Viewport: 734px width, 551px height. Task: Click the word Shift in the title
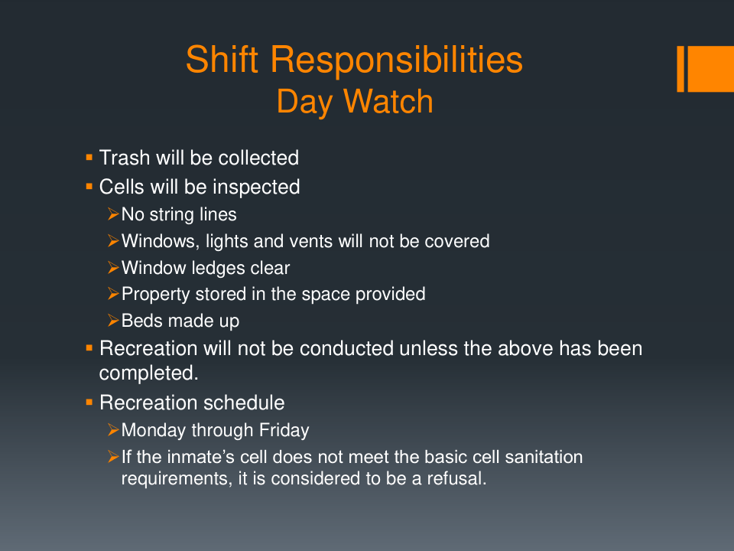pyautogui.click(x=222, y=60)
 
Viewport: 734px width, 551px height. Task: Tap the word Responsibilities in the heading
pyautogui.click(x=397, y=60)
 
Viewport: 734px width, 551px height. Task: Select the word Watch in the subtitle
pyautogui.click(x=388, y=101)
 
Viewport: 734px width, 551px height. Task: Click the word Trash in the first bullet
pyautogui.click(x=125, y=158)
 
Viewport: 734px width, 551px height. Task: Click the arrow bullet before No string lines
pyautogui.click(x=113, y=214)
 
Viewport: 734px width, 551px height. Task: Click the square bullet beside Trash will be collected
pyautogui.click(x=89, y=158)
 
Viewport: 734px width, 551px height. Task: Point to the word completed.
pyautogui.click(x=149, y=373)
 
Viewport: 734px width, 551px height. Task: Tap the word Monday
pyautogui.click(x=154, y=431)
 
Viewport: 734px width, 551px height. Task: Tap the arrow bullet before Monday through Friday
pyautogui.click(x=113, y=429)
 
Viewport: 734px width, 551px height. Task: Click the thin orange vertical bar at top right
pyautogui.click(x=680, y=69)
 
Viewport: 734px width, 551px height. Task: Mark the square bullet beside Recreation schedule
pyautogui.click(x=89, y=402)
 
